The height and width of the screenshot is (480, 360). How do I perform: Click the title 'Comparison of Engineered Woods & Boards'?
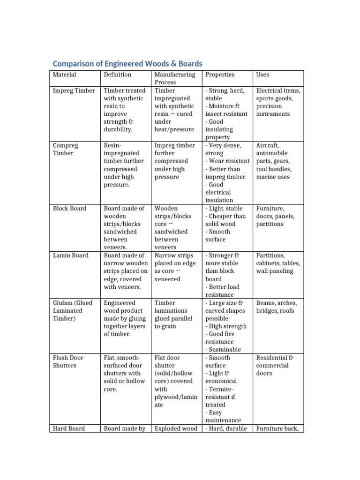point(127,63)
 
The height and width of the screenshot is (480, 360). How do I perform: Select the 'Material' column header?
point(64,75)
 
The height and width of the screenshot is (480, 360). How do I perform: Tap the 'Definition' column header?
point(118,75)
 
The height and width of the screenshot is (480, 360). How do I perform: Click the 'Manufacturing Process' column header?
point(175,78)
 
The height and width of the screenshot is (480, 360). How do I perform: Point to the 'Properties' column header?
point(220,75)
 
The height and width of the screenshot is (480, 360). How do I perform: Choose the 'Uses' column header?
point(262,75)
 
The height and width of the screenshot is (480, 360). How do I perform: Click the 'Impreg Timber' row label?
point(74,90)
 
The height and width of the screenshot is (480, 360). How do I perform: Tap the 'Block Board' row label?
point(69,208)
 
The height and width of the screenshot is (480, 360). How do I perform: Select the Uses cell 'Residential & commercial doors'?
point(272,365)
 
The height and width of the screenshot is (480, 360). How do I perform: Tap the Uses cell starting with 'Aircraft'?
point(274,161)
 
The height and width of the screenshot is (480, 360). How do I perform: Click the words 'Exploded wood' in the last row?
point(176,428)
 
